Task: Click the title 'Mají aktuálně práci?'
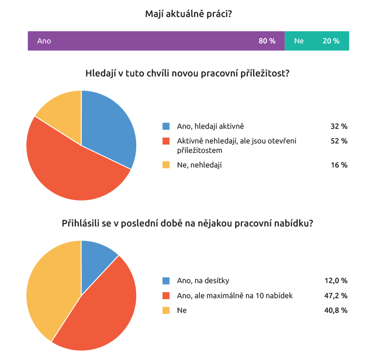coord(188,14)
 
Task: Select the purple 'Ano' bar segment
coord(156,41)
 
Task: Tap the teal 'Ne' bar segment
coord(317,41)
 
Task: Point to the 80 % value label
coord(267,41)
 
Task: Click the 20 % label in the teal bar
coord(331,41)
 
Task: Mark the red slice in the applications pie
coord(101,311)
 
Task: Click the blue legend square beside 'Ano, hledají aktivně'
coord(166,126)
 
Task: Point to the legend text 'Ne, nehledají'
coord(199,165)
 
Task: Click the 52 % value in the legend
coord(339,141)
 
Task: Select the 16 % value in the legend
coord(339,165)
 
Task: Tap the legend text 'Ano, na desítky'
coord(203,281)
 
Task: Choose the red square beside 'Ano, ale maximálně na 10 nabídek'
coord(166,296)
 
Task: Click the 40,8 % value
coord(336,310)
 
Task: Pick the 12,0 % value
coord(336,281)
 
